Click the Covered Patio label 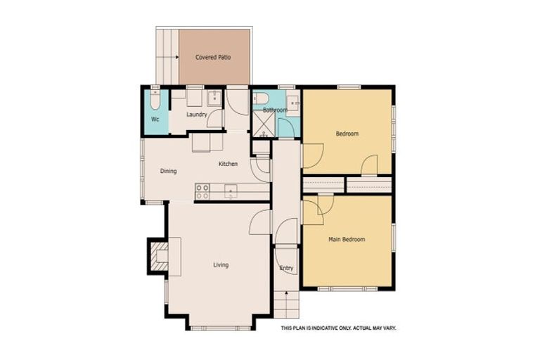tap(214, 57)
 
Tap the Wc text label tap(155, 119)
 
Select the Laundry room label tap(196, 114)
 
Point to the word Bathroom tap(275, 110)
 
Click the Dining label tap(168, 171)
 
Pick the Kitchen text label tap(228, 164)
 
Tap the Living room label tap(221, 265)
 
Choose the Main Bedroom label tap(347, 240)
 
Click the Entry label tap(286, 268)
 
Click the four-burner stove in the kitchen tap(202, 191)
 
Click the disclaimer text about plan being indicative tap(339, 328)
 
